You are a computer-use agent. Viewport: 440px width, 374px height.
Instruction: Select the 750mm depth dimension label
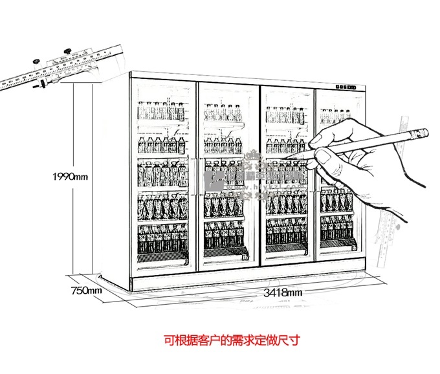point(86,291)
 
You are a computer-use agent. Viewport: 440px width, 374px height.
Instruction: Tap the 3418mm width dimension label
point(283,293)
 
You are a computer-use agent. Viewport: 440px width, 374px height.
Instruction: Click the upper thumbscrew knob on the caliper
point(67,51)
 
